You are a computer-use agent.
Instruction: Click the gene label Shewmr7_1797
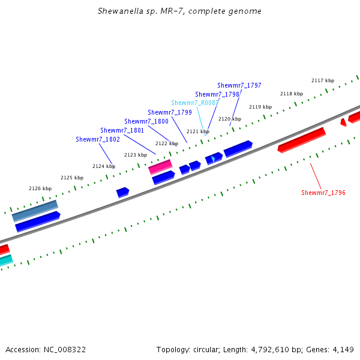tap(239, 86)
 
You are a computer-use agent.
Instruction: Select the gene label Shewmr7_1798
tap(217, 95)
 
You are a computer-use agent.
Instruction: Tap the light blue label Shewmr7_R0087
tap(194, 103)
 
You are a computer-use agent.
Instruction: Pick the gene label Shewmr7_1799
tap(169, 112)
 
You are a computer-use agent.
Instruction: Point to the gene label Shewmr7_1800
tap(146, 121)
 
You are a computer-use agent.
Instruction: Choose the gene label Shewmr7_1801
tap(122, 130)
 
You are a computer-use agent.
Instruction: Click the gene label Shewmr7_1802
tap(97, 139)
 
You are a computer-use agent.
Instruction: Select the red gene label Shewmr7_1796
tap(323, 193)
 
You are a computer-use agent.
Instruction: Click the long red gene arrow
tap(302, 139)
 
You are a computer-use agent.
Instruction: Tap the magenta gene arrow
tap(160, 166)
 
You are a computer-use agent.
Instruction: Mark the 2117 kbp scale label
tap(322, 80)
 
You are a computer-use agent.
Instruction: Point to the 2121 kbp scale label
tap(197, 131)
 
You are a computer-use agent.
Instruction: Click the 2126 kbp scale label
tap(40, 188)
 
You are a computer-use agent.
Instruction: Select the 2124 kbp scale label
tap(103, 166)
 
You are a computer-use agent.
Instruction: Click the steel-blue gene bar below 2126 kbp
tap(35, 209)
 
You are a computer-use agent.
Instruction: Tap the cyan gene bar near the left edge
tap(5, 260)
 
